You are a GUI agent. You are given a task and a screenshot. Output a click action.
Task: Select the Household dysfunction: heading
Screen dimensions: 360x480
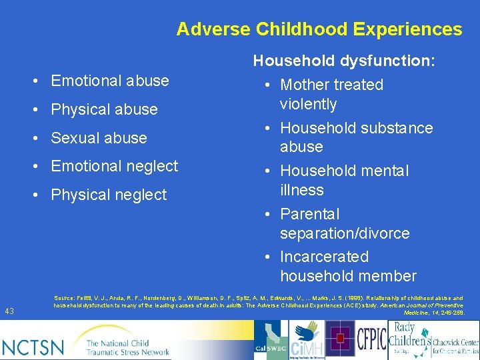coord(344,61)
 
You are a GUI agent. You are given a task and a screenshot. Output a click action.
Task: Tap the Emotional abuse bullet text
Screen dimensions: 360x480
coord(110,81)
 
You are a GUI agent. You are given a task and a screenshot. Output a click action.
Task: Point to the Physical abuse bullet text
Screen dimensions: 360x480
coord(105,109)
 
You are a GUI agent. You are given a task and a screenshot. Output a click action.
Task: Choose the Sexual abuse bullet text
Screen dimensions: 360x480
coord(99,138)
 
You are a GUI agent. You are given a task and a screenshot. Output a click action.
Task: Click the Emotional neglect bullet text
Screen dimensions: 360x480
coord(115,166)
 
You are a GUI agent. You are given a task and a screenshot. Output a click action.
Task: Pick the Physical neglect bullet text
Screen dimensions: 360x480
coord(109,195)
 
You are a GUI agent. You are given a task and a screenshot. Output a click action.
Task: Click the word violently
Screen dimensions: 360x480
coord(308,104)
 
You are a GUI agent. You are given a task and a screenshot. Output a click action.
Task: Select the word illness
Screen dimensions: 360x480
coord(301,190)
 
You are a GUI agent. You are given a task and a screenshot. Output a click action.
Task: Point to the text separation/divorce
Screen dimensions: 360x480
coord(345,233)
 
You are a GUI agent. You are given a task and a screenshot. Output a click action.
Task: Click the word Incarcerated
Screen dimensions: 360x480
coord(324,257)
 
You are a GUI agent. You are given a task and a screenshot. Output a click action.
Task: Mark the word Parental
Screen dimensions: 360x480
coord(309,214)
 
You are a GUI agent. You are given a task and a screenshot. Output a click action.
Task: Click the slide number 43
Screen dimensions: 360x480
coord(9,311)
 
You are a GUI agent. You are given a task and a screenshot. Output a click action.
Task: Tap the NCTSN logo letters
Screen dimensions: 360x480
coord(33,346)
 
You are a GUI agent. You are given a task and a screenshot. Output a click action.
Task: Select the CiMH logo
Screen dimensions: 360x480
coord(307,339)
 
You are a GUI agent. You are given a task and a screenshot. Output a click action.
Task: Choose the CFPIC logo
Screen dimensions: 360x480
coord(371,338)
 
